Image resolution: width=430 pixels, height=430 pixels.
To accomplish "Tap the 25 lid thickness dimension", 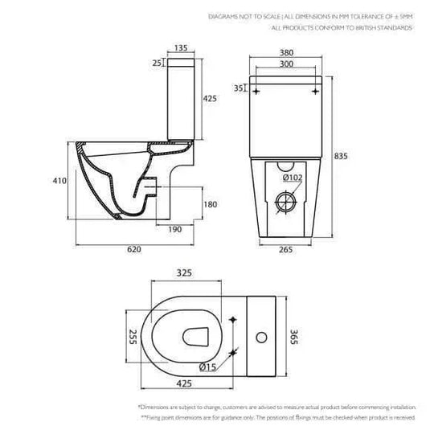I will click(x=156, y=62).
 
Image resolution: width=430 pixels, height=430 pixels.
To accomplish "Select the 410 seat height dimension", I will click(x=57, y=182).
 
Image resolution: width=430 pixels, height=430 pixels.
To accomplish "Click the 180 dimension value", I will click(x=210, y=205).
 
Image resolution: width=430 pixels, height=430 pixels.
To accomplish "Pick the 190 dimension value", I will click(x=174, y=229).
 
